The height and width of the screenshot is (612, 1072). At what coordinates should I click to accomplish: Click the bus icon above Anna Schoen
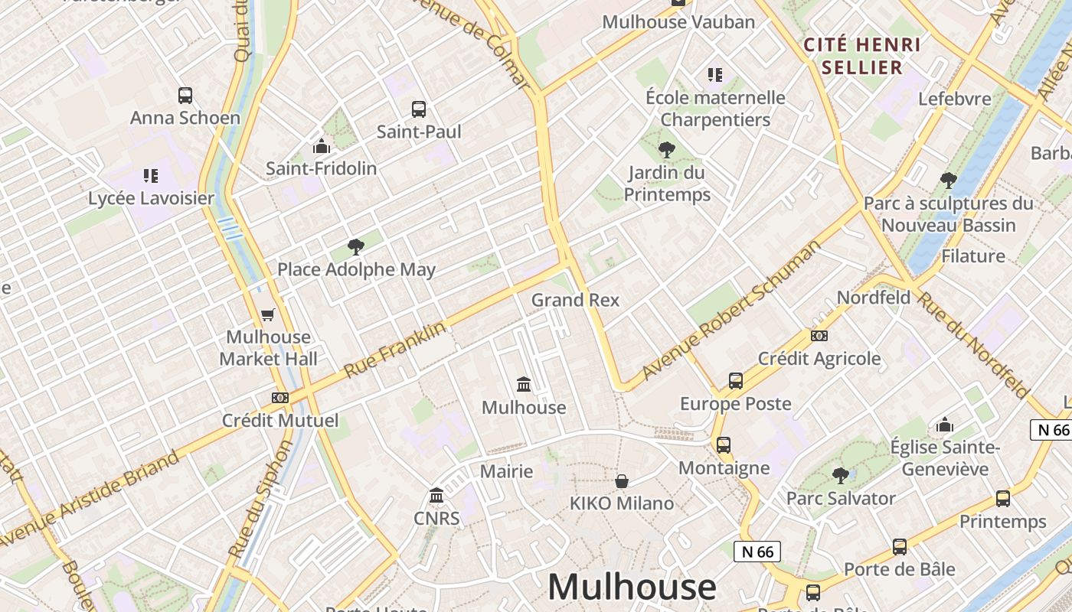pyautogui.click(x=185, y=96)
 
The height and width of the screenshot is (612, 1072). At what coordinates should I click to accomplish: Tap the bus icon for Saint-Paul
pyautogui.click(x=418, y=109)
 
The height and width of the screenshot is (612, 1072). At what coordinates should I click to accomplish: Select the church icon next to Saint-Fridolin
pyautogui.click(x=322, y=145)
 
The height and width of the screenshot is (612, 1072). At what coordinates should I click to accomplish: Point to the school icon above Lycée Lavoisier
pyautogui.click(x=151, y=176)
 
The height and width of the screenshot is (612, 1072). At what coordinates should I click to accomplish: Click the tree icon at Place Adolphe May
pyautogui.click(x=355, y=247)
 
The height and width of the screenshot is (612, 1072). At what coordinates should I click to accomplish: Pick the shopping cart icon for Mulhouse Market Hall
pyautogui.click(x=267, y=314)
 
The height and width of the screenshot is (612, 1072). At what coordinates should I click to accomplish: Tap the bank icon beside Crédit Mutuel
pyautogui.click(x=280, y=398)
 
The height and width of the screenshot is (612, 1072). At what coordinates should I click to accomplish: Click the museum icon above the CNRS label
pyautogui.click(x=436, y=496)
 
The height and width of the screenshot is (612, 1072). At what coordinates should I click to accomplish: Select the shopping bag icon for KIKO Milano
pyautogui.click(x=622, y=481)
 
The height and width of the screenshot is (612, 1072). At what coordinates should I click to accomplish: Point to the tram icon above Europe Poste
pyautogui.click(x=735, y=380)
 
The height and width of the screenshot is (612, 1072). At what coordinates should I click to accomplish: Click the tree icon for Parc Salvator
pyautogui.click(x=840, y=476)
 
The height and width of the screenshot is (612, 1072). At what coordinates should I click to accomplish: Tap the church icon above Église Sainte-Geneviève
pyautogui.click(x=945, y=425)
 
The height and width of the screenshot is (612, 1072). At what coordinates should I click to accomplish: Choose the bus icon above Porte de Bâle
pyautogui.click(x=899, y=547)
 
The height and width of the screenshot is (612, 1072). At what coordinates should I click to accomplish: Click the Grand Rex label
pyautogui.click(x=575, y=300)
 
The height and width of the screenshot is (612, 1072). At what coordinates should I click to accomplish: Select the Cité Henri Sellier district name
pyautogui.click(x=862, y=56)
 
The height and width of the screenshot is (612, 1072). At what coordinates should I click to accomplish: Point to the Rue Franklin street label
pyautogui.click(x=394, y=350)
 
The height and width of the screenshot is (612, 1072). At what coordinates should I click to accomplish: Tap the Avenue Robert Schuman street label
pyautogui.click(x=730, y=310)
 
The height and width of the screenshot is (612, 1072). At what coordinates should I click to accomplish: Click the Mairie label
pyautogui.click(x=506, y=471)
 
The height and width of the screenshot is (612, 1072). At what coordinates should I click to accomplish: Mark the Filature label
pyautogui.click(x=972, y=256)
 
